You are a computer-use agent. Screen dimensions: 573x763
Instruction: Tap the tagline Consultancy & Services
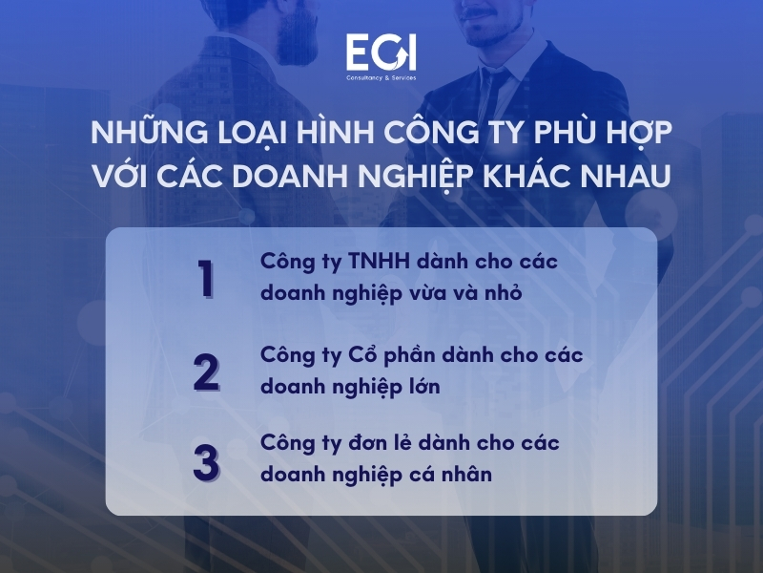tap(381, 77)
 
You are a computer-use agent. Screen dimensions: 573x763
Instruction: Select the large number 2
tap(206, 371)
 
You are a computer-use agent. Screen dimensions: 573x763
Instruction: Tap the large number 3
tap(206, 460)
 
